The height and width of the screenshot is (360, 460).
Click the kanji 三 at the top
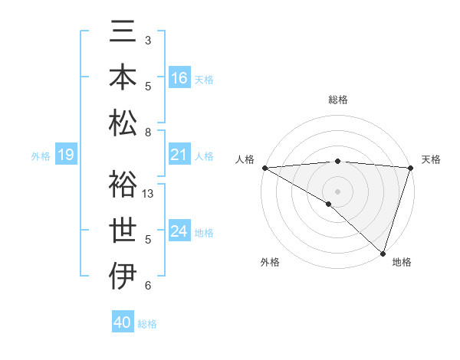(x=124, y=34)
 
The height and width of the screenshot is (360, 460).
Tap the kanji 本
(x=124, y=78)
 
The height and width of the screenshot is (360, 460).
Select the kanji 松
(x=124, y=123)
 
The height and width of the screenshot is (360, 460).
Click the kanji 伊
(x=124, y=276)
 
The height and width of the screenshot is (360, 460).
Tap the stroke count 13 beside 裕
(x=149, y=194)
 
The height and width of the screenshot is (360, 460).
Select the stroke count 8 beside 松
(x=148, y=133)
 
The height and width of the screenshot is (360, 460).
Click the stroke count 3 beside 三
(x=148, y=40)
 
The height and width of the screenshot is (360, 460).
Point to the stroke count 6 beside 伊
(x=148, y=286)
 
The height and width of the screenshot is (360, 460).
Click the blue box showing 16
(x=179, y=78)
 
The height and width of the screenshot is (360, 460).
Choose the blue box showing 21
(x=179, y=155)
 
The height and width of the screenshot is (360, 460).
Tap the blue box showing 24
(x=179, y=231)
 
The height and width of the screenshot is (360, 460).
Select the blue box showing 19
(x=66, y=155)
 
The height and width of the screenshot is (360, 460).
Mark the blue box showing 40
(x=123, y=322)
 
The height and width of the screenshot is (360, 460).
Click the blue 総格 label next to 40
(x=148, y=324)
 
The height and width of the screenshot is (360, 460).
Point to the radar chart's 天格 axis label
(x=432, y=159)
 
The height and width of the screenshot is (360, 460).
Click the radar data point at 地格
(x=383, y=253)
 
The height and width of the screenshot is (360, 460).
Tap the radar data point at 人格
(x=264, y=168)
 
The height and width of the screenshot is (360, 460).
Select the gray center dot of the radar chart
(x=337, y=191)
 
